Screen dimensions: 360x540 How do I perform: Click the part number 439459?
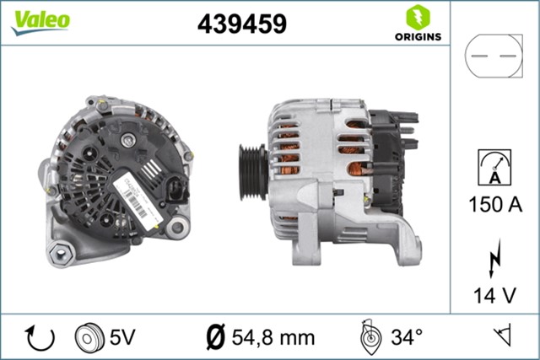[241, 24]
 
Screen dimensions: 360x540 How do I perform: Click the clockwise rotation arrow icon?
[40, 337]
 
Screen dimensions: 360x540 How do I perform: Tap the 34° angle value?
[406, 337]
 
